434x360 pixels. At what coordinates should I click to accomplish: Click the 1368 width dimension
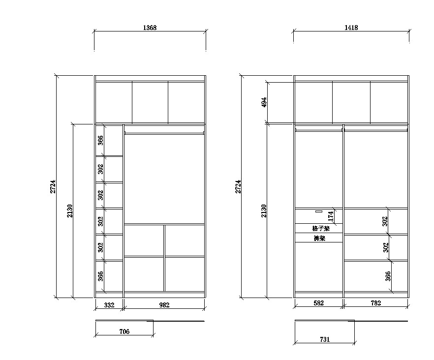(150, 28)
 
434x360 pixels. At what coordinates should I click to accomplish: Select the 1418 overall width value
(351, 28)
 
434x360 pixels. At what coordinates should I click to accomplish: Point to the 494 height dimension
(264, 102)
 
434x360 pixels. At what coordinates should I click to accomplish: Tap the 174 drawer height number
(331, 216)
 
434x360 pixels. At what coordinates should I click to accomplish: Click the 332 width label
(109, 305)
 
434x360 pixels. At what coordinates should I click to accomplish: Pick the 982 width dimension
(164, 305)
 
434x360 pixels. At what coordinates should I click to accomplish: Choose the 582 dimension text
(318, 303)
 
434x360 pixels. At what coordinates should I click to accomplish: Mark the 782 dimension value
(376, 303)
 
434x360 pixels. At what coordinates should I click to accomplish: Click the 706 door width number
(124, 331)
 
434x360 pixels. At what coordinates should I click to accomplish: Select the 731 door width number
(325, 339)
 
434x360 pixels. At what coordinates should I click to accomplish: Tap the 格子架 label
(321, 229)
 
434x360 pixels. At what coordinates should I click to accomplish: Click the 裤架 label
(319, 238)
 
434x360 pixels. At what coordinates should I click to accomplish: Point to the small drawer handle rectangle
(319, 211)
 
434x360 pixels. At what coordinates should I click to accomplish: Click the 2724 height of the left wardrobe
(53, 186)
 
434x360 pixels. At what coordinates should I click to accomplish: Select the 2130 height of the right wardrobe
(264, 211)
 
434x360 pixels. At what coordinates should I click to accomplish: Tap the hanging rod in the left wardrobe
(164, 133)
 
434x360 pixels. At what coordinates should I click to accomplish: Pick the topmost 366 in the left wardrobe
(100, 140)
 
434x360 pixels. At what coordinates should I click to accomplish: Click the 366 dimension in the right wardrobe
(388, 276)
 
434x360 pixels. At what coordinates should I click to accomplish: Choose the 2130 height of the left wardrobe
(69, 211)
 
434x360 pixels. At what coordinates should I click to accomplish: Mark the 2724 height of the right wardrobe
(238, 186)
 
